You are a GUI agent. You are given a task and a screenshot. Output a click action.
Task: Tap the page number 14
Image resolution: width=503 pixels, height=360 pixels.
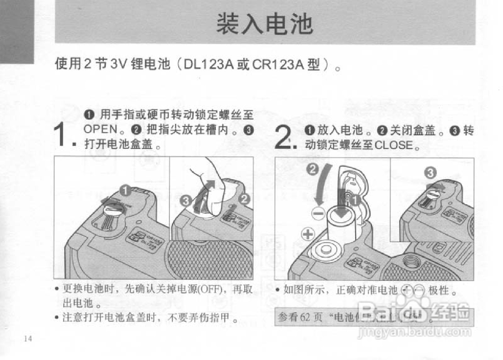(x=28, y=339)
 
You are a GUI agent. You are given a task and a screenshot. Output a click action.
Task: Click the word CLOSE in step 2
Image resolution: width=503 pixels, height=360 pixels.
(x=394, y=146)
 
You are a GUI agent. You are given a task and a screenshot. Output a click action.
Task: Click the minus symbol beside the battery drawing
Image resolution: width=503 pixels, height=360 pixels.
(x=318, y=213)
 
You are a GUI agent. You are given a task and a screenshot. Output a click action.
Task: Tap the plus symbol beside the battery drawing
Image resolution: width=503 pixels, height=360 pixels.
(x=308, y=234)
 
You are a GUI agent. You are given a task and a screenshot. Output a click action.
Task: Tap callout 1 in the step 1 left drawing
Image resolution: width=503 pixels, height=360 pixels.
(x=125, y=191)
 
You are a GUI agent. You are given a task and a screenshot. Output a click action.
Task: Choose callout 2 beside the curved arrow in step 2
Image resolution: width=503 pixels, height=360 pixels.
(x=313, y=170)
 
